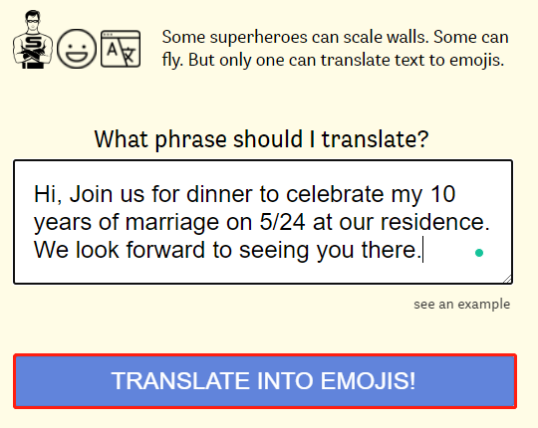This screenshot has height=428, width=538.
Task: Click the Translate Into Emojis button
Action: click(x=265, y=381)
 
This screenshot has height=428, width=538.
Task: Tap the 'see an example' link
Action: click(x=462, y=305)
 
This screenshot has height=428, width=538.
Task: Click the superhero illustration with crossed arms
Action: click(x=33, y=40)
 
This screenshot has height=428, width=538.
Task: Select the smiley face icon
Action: click(x=77, y=49)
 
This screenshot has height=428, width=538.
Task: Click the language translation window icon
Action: click(x=121, y=49)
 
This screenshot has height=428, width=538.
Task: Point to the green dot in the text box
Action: click(x=479, y=253)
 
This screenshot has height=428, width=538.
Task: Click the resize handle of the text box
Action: click(x=507, y=279)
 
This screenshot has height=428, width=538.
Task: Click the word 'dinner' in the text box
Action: click(x=220, y=194)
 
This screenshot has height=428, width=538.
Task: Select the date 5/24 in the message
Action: click(x=282, y=222)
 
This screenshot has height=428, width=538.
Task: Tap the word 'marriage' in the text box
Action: click(x=172, y=223)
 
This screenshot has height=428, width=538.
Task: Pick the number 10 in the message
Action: click(x=443, y=194)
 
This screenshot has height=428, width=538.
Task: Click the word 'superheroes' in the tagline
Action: click(x=259, y=38)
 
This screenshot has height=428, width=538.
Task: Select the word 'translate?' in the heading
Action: click(x=375, y=139)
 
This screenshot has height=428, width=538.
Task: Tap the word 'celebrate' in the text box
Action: click(x=335, y=194)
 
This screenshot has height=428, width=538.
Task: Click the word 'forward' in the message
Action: click(x=165, y=250)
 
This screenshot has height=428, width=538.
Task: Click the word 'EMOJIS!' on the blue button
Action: click(x=368, y=380)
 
